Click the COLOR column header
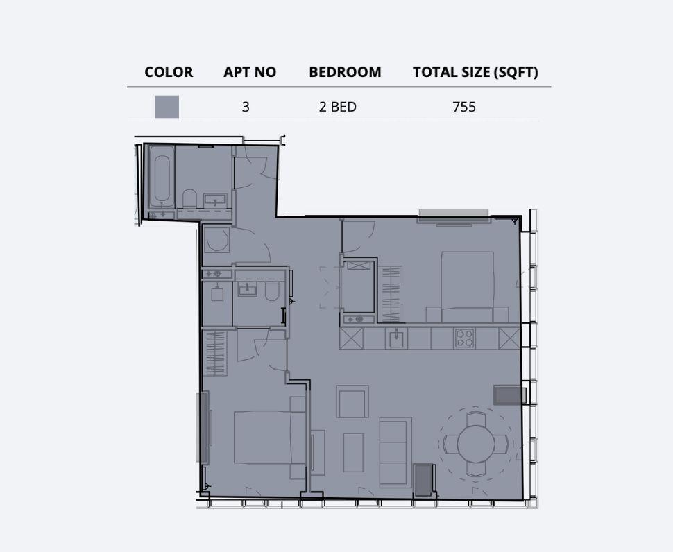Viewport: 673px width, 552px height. (169, 72)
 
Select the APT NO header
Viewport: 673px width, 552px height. (250, 72)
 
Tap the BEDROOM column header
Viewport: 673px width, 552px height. (345, 72)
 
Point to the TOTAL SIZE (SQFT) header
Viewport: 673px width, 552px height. (475, 72)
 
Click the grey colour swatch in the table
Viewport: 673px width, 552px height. (167, 107)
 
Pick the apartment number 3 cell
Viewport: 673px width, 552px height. (246, 107)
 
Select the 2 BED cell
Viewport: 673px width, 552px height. (338, 107)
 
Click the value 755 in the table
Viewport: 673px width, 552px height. (463, 107)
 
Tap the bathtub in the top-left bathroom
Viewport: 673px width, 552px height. (162, 180)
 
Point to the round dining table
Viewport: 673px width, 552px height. (476, 443)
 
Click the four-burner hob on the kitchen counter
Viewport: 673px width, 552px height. (464, 338)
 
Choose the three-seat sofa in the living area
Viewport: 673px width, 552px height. (395, 451)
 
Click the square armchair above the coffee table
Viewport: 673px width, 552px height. (352, 402)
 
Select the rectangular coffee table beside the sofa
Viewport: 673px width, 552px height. (353, 452)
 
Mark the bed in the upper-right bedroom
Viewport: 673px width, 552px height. (468, 286)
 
